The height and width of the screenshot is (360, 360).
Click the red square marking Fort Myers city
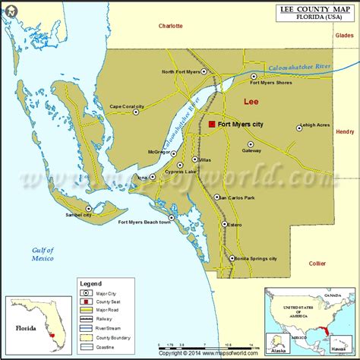pos(212,124)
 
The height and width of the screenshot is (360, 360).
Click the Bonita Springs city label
pos(257,258)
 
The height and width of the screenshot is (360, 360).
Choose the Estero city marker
pos(226,224)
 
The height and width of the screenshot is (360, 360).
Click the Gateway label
pos(251,150)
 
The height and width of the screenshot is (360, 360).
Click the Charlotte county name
pos(171,26)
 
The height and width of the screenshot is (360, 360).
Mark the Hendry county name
pos(344,131)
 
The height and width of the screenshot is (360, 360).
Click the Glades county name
pos(345,35)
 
